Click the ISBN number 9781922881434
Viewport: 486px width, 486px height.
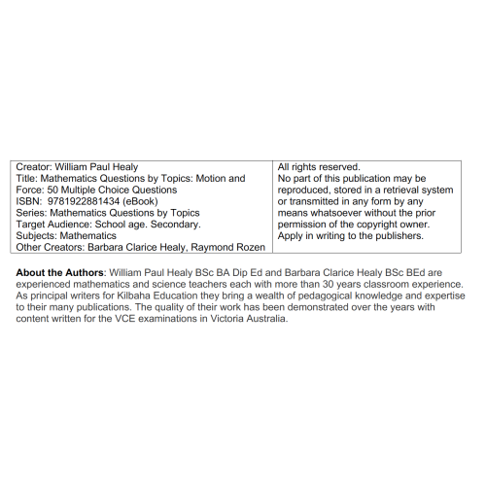tap(82, 201)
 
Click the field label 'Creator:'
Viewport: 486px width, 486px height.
tap(34, 167)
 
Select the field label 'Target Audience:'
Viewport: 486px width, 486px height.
tap(53, 225)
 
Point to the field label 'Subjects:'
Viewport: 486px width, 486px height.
tap(37, 236)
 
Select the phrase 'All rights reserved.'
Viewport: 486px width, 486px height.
tap(319, 167)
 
